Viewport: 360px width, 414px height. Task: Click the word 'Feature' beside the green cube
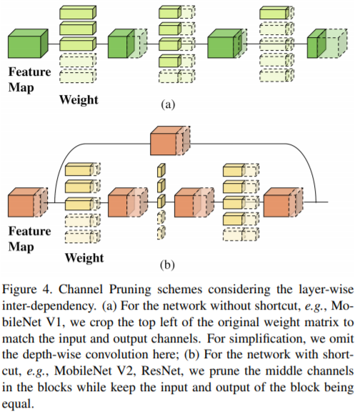coord(29,72)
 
